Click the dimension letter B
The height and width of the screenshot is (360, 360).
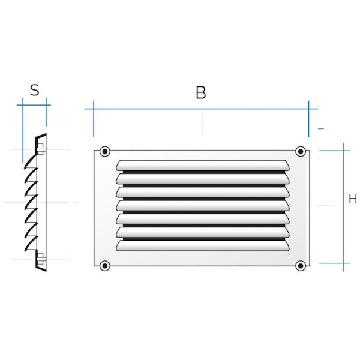click(x=201, y=92)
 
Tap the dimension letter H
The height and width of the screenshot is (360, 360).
click(x=353, y=199)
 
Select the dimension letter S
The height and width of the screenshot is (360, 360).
click(x=35, y=91)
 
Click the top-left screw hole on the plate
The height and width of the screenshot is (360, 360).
click(x=105, y=151)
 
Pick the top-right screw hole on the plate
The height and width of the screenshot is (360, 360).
click(x=300, y=151)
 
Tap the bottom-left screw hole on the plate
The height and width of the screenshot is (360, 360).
click(x=105, y=265)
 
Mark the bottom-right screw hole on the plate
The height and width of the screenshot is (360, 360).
click(x=300, y=265)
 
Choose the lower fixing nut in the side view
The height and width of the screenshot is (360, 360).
click(x=40, y=259)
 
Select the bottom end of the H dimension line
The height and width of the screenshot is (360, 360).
click(x=344, y=263)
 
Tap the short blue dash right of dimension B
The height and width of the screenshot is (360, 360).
click(x=321, y=128)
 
